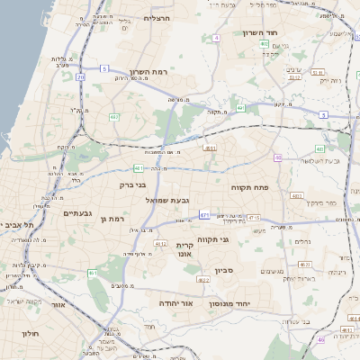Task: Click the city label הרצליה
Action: tap(157, 18)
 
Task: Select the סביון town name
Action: tap(224, 269)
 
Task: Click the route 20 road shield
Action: tap(81, 78)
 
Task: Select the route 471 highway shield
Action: tap(204, 215)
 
